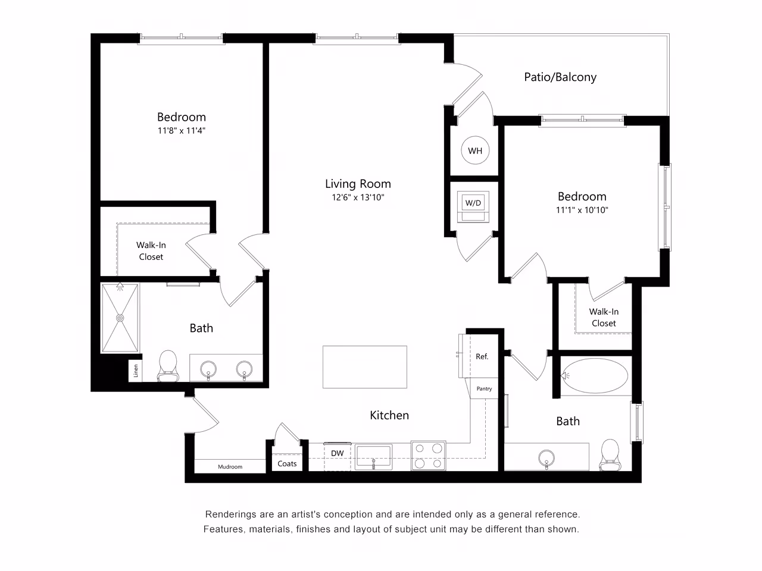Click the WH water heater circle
475,150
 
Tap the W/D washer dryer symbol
473,203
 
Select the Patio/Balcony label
560,77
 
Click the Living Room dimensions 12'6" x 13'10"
358,198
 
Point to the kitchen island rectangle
365,367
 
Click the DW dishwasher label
338,453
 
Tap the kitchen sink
373,457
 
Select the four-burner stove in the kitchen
429,456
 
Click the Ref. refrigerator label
482,356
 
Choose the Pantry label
484,388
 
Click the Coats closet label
287,463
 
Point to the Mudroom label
230,467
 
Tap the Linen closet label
136,371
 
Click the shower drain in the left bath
120,318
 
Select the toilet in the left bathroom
167,365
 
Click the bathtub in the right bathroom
595,376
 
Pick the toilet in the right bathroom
610,454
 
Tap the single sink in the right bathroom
546,458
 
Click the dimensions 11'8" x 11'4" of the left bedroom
181,131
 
